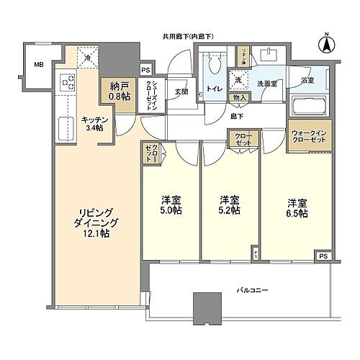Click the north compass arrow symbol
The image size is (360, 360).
click(325, 42)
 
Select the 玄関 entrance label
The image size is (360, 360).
click(181, 91)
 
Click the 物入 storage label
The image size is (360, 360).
click(240, 97)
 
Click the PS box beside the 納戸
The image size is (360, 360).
click(146, 70)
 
